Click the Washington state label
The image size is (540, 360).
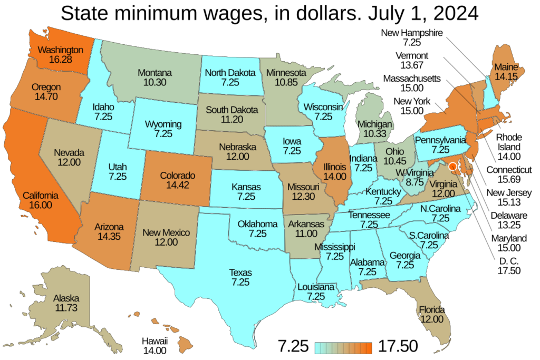point(61,50)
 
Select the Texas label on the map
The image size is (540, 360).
point(240,273)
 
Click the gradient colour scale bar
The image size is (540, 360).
point(343,347)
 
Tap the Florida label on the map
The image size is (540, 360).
point(432,309)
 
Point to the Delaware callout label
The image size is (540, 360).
point(508,216)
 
